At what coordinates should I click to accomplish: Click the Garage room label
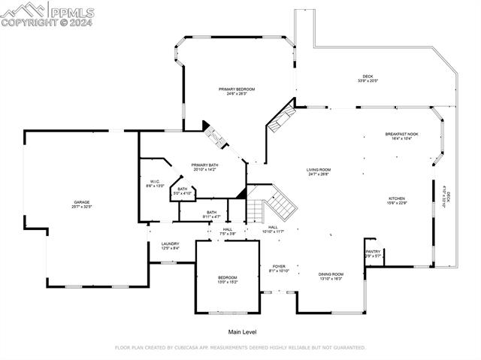(x=82, y=204)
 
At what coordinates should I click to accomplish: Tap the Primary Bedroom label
(x=231, y=91)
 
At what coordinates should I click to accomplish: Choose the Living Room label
(x=319, y=171)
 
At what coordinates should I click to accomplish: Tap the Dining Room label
(x=331, y=276)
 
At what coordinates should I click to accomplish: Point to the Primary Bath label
(x=204, y=167)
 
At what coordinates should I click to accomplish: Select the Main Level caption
(x=243, y=331)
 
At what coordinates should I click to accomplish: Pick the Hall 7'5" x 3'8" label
(x=227, y=231)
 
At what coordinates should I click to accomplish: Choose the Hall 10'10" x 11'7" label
(x=274, y=229)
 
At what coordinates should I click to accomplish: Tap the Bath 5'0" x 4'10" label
(x=183, y=191)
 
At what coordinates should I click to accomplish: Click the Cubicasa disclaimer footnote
(x=240, y=348)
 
